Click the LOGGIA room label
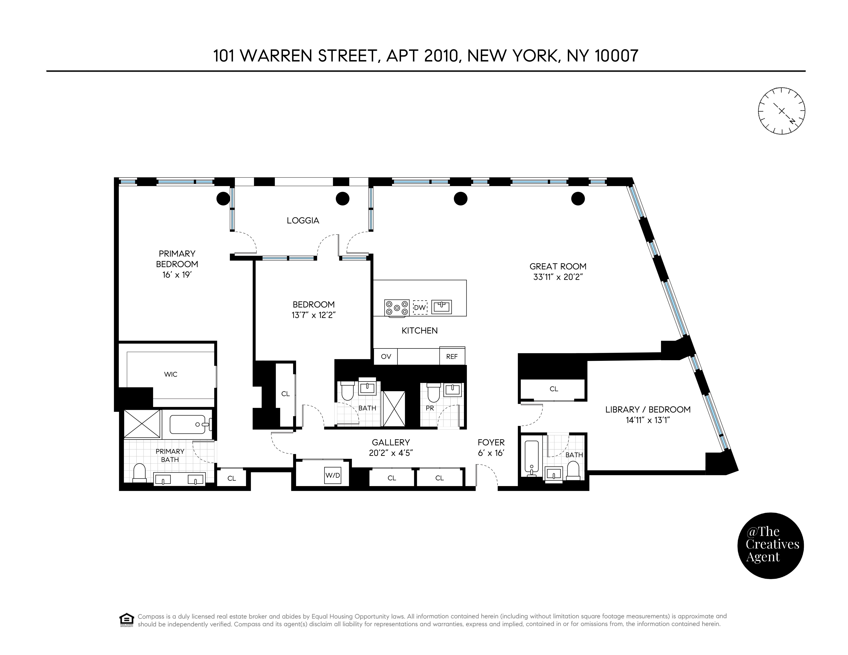pos(303,220)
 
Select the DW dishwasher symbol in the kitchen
pos(420,307)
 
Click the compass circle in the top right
pos(782,111)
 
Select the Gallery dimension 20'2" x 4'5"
pos(391,453)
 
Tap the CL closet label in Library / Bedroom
pos(554,389)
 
